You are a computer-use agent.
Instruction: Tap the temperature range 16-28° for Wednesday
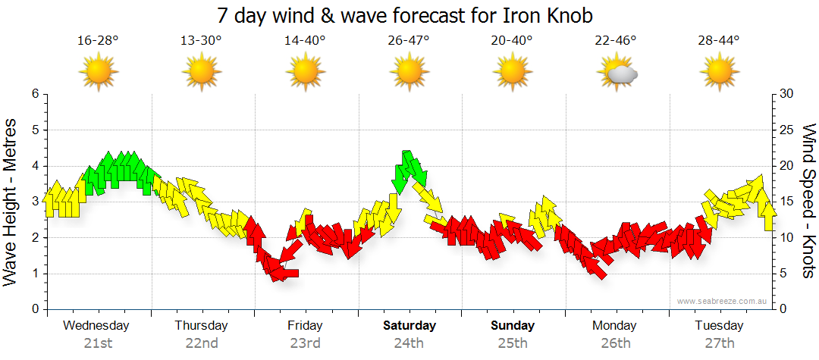[x=98, y=40]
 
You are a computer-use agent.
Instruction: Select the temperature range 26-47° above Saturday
[x=409, y=40]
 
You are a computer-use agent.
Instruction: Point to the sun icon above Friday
[x=305, y=73]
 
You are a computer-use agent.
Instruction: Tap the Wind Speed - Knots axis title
[x=808, y=202]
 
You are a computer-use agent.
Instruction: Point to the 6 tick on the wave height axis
[x=34, y=94]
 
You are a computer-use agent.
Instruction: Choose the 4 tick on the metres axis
[x=34, y=166]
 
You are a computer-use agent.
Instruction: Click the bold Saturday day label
[x=409, y=326]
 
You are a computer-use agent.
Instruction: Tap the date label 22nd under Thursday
[x=202, y=343]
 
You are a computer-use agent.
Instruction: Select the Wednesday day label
[x=96, y=326]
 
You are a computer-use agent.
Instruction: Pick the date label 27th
[x=720, y=343]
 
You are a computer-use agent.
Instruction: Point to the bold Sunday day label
[x=513, y=326]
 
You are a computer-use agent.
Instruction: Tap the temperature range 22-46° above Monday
[x=616, y=40]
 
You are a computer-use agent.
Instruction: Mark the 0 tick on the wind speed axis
[x=782, y=309]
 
